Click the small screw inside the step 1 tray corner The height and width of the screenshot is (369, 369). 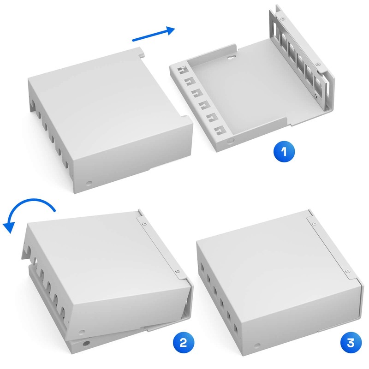coord(315,95)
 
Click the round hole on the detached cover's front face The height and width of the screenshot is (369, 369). coord(89,183)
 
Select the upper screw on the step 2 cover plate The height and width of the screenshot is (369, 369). coord(143,223)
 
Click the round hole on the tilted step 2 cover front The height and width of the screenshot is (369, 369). coord(81,330)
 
